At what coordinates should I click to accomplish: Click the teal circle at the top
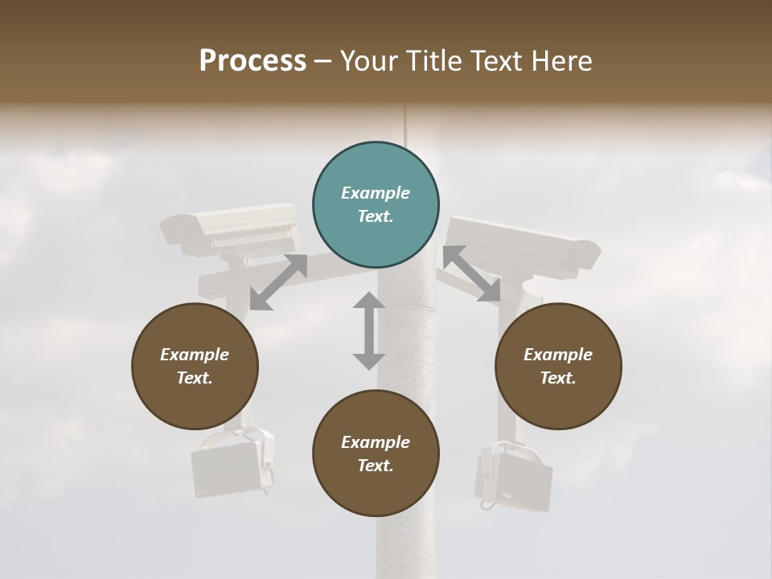pyautogui.click(x=376, y=206)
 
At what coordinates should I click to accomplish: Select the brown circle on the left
pyautogui.click(x=195, y=367)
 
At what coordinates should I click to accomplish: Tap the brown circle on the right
pyautogui.click(x=558, y=367)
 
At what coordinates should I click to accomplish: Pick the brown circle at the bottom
pyautogui.click(x=376, y=454)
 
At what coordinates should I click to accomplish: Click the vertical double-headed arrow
pyautogui.click(x=369, y=331)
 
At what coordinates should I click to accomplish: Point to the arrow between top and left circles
pyautogui.click(x=278, y=282)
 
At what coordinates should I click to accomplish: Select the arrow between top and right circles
pyautogui.click(x=472, y=274)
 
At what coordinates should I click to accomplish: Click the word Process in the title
pyautogui.click(x=253, y=60)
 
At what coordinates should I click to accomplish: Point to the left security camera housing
pyautogui.click(x=230, y=225)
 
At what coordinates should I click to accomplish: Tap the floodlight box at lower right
pyautogui.click(x=514, y=478)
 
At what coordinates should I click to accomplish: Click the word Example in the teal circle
pyautogui.click(x=376, y=193)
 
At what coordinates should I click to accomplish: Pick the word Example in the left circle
pyautogui.click(x=195, y=355)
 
